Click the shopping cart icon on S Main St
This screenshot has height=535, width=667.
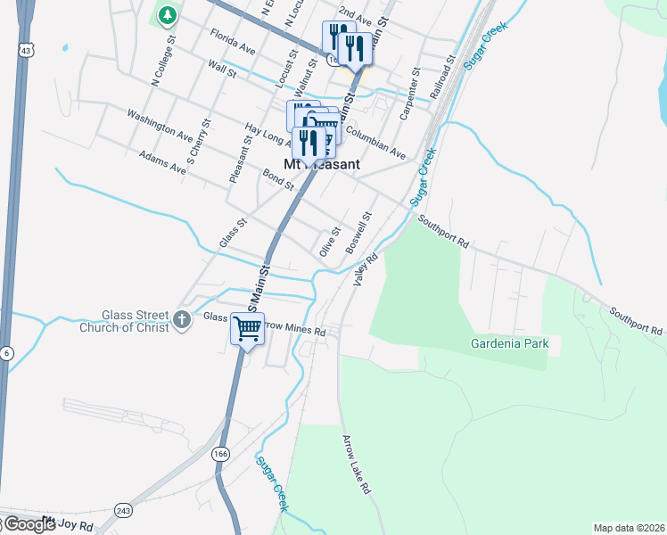[247, 327]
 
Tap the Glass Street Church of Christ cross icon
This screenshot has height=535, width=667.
[182, 319]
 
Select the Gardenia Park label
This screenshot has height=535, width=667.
[509, 343]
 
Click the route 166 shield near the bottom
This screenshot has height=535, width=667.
[219, 454]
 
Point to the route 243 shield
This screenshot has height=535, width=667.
[123, 510]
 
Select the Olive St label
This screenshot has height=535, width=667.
[329, 242]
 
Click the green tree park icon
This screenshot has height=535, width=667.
[167, 15]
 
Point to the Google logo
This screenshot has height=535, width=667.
[29, 524]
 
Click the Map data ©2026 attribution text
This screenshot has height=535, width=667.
[629, 528]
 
